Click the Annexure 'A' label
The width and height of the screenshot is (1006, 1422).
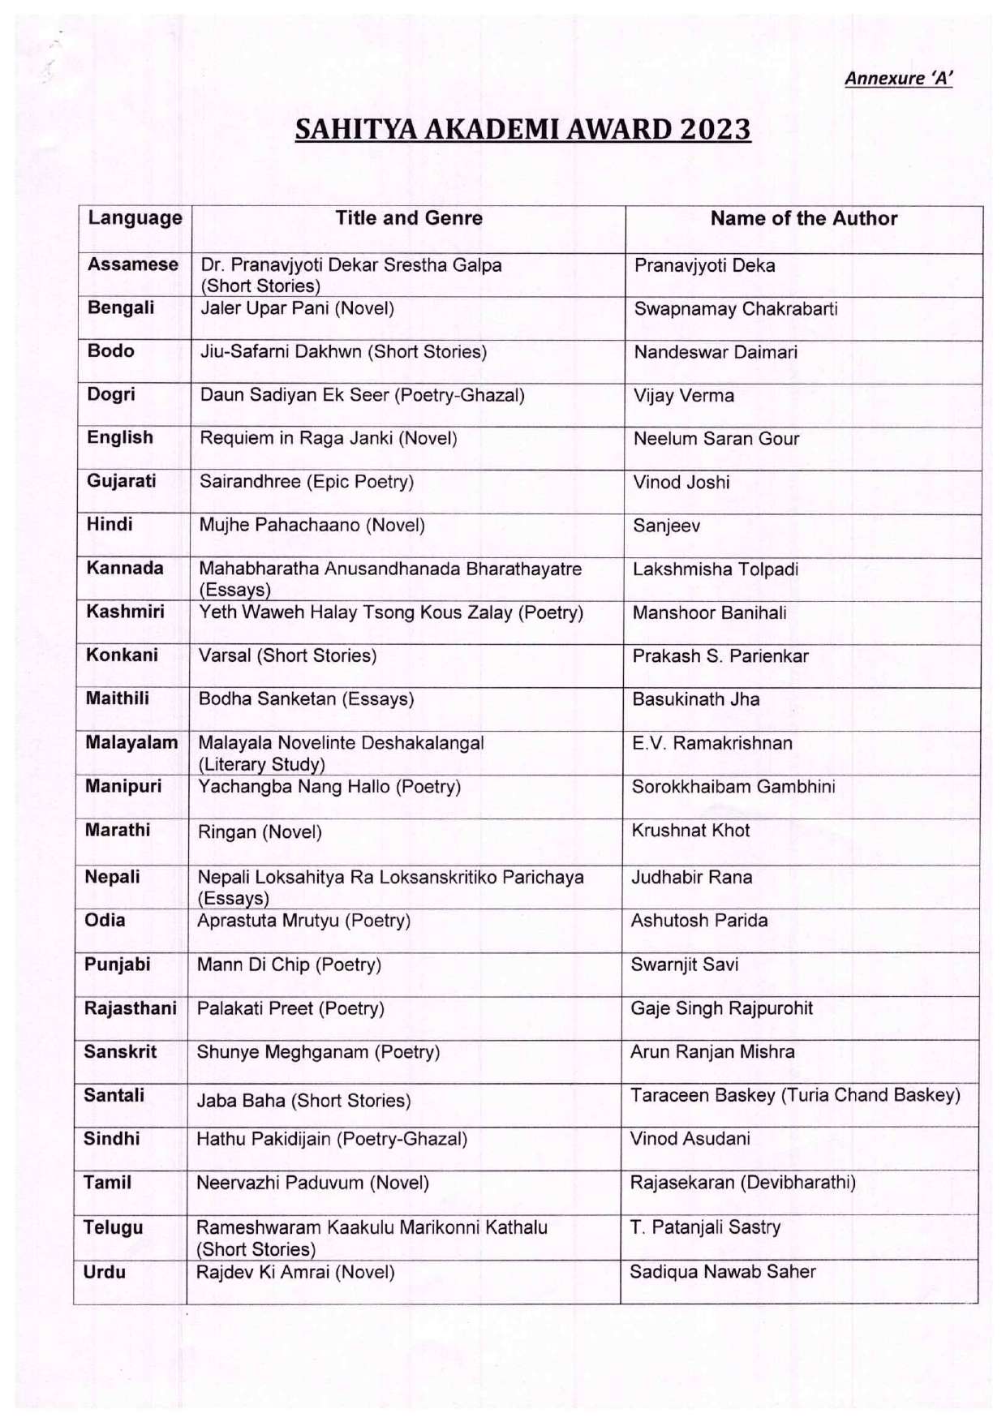(x=898, y=79)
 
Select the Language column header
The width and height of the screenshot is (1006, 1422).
(x=135, y=218)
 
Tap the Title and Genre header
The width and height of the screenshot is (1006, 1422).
(x=409, y=218)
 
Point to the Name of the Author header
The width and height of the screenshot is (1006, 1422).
(x=803, y=219)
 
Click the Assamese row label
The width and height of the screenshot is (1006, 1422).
(x=133, y=264)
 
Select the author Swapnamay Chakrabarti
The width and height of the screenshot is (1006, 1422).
(x=735, y=309)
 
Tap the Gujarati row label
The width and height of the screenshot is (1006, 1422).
(x=122, y=481)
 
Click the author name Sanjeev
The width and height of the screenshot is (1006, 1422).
(x=666, y=526)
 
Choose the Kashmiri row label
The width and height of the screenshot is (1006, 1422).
(x=125, y=612)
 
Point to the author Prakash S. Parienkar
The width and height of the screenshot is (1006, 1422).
(x=720, y=656)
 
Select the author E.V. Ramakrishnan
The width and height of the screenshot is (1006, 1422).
(x=712, y=743)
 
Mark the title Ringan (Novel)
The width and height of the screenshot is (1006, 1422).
(x=260, y=832)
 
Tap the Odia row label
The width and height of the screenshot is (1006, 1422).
(x=105, y=920)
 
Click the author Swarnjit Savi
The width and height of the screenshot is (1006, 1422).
(x=684, y=964)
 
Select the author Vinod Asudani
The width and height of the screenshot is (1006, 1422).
(x=690, y=1139)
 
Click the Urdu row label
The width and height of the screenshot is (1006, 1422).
(x=104, y=1272)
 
